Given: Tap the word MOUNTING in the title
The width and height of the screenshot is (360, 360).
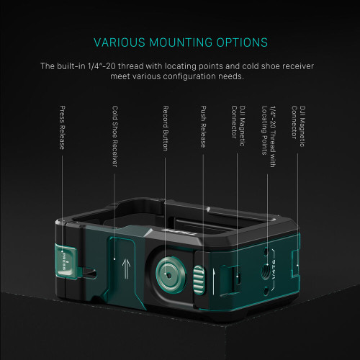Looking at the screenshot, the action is click(181, 42).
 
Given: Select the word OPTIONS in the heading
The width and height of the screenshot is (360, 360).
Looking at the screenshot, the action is click(242, 42).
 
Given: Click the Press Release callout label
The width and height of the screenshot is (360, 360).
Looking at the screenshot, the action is click(62, 127).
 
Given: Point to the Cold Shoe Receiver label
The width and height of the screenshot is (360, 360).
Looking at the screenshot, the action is click(115, 136).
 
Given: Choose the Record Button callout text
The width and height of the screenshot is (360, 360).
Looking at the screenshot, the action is click(166, 128).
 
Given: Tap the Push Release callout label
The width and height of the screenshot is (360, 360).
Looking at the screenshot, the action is click(203, 127).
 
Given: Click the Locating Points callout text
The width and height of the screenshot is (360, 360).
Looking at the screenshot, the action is click(264, 130).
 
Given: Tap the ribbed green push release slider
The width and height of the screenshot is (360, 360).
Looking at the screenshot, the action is click(199, 280).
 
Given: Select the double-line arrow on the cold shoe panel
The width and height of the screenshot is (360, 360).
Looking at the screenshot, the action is click(127, 269).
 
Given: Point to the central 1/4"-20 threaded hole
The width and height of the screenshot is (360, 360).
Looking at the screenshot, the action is click(265, 271).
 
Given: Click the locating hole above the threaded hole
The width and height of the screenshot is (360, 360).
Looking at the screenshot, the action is click(266, 251).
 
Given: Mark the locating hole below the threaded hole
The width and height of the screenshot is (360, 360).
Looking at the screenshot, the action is click(266, 292).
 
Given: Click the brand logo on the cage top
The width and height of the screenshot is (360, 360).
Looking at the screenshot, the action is click(179, 232).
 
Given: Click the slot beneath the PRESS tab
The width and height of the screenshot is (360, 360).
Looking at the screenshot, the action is click(89, 274).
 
